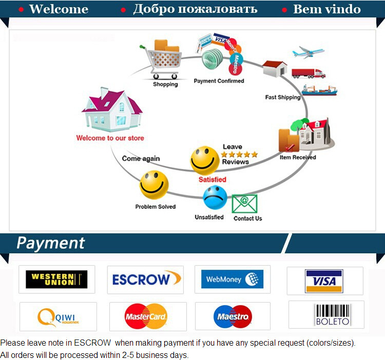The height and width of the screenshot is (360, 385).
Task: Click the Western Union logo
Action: coord(56,279)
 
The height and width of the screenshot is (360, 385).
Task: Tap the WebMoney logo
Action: coord(232,279)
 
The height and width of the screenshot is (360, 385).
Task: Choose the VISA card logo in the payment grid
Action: coord(324,281)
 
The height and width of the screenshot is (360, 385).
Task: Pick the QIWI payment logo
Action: coord(58,317)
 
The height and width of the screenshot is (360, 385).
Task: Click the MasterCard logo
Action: coord(146,317)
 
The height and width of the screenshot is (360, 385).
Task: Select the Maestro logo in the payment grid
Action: coord(233,316)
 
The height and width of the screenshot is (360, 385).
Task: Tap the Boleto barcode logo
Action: coord(332,315)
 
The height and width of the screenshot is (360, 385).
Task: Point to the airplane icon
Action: coord(309,52)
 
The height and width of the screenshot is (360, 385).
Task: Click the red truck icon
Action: coord(309,73)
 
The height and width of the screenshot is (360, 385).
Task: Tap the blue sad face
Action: coord(215,197)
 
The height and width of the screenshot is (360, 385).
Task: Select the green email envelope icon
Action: coord(244,204)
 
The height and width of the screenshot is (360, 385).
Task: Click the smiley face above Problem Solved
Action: coord(153,185)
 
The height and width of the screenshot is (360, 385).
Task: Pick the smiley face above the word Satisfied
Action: coord(205,161)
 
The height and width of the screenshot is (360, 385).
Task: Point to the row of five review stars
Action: coord(239,154)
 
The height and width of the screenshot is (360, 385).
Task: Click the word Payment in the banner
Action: coord(50,243)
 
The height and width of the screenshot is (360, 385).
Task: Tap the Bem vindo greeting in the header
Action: coord(327,9)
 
